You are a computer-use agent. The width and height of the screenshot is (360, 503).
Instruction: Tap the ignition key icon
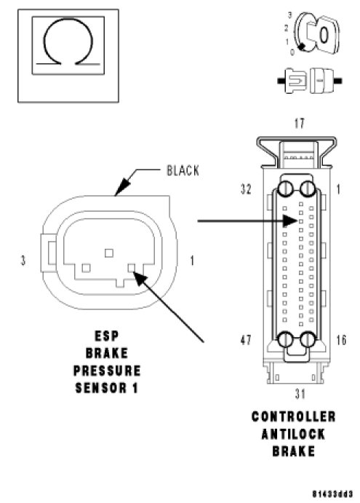click(317, 33)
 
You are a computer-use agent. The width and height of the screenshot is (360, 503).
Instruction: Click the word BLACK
click(183, 170)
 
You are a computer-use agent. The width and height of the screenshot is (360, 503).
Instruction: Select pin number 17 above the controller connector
click(300, 123)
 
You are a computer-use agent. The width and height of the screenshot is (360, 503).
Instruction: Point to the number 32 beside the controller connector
click(246, 189)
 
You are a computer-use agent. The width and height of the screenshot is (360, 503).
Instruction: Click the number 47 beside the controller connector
click(246, 340)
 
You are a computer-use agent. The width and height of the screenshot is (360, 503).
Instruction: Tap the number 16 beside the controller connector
click(341, 340)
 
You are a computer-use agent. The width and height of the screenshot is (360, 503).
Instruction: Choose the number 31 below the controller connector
click(300, 394)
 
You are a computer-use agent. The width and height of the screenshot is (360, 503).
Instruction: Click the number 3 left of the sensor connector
click(23, 260)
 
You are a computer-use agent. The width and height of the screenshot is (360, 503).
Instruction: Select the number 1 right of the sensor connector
click(192, 260)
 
